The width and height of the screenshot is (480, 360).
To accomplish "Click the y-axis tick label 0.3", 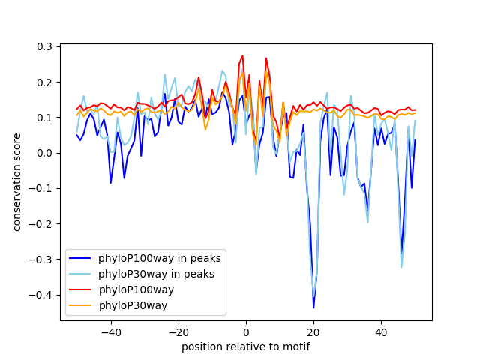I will tap(44, 46).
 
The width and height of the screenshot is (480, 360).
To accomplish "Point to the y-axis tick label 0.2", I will tap(44, 82).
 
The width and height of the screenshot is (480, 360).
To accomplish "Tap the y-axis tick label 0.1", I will tap(44, 118).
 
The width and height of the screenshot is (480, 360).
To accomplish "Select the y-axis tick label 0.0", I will tap(44, 153).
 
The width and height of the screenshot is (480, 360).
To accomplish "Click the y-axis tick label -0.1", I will tap(41, 188).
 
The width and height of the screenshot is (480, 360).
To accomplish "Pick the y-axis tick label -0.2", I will tap(41, 224).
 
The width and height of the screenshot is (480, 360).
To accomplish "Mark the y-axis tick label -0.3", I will tap(41, 259).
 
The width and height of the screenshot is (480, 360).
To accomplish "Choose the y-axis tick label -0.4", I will tap(41, 295).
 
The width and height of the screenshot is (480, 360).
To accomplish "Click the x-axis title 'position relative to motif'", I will tap(246, 346).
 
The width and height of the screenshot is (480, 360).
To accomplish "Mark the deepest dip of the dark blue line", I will tap(313, 307).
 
